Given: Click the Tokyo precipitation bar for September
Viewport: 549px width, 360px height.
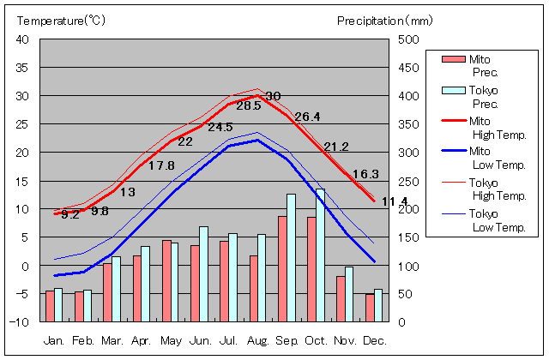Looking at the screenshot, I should [291, 257].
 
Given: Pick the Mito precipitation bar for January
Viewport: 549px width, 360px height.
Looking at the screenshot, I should [50, 306].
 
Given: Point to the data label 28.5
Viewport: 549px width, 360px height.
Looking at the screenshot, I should [248, 106].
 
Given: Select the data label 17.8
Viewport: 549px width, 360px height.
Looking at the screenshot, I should [161, 166].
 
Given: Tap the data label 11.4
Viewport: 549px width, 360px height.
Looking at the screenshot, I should [394, 201].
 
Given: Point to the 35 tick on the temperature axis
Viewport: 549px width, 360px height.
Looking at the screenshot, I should [23, 67].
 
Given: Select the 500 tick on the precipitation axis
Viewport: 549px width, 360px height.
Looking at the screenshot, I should [408, 39].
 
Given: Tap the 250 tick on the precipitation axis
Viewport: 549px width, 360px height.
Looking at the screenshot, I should [408, 181].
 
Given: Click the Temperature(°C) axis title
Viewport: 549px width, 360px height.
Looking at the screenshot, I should [58, 19].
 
